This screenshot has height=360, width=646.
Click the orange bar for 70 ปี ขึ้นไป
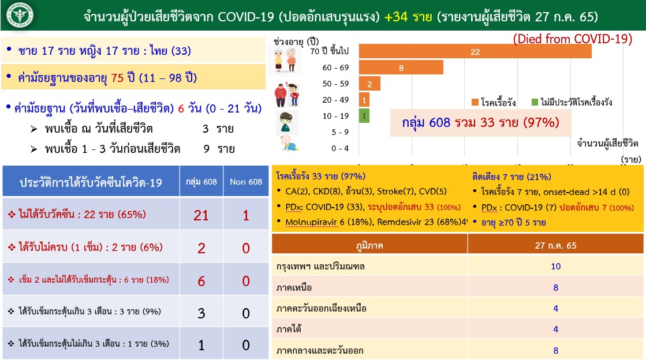click(475, 51)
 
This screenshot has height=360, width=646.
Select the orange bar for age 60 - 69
click(401, 67)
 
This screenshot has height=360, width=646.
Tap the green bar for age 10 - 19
click(364, 116)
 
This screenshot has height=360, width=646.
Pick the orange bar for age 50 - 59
click(369, 84)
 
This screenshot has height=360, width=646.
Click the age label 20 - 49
click(335, 100)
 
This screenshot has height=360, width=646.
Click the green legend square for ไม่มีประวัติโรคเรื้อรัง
click(535, 102)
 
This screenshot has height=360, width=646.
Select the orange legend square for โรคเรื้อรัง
click(475, 102)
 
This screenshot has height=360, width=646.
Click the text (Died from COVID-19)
click(573, 39)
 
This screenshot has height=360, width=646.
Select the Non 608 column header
click(246, 182)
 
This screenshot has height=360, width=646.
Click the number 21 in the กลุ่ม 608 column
click(201, 215)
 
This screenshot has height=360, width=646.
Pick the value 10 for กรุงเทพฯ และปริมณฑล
click(555, 266)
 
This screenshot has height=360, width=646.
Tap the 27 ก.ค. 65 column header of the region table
click(555, 245)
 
